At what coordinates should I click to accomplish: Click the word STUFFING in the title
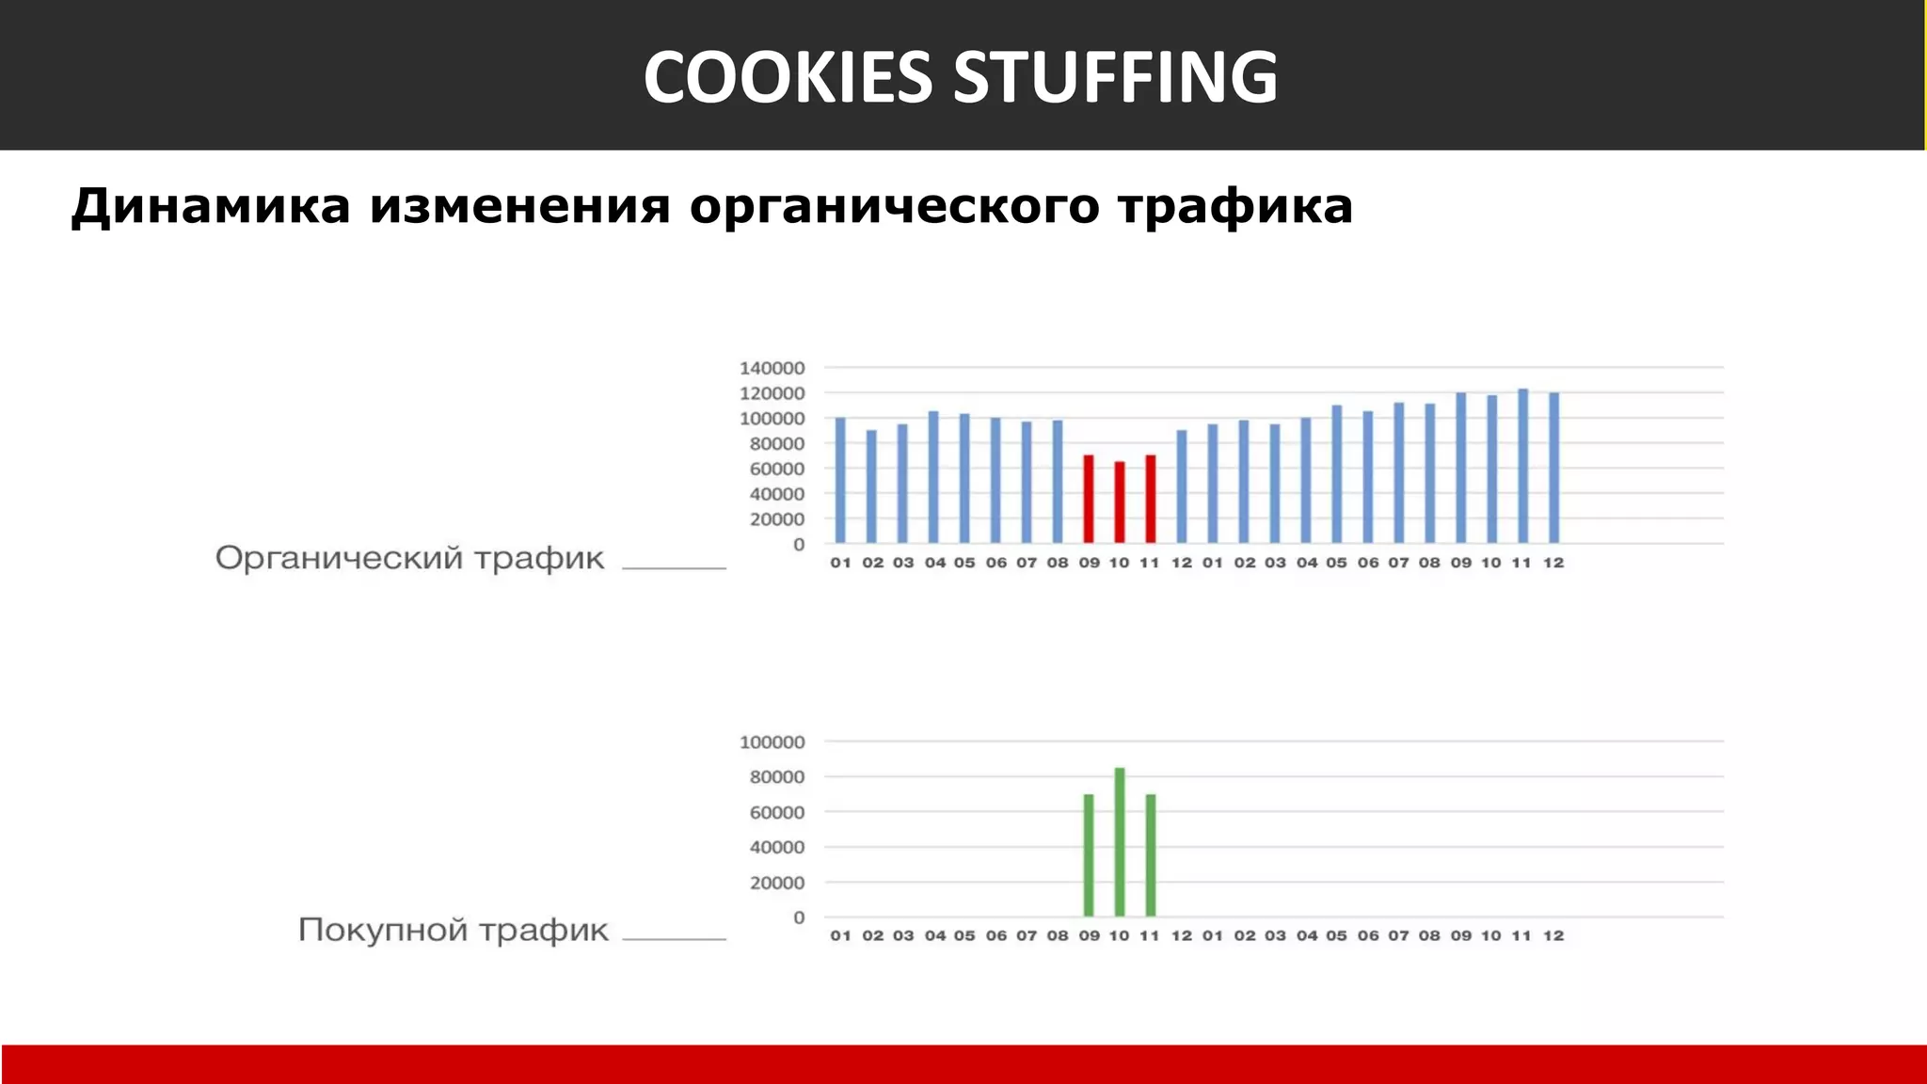1115,76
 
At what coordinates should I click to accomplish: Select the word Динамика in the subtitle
211,206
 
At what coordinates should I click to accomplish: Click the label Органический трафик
409,558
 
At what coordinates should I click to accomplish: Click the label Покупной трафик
453,930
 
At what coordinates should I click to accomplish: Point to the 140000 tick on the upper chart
772,368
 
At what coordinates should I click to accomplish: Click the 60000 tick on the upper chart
777,469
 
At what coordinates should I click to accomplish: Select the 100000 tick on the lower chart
772,742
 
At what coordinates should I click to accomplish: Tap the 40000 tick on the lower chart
777,848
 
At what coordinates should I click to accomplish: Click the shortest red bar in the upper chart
1120,502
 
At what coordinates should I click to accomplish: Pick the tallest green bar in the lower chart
1120,842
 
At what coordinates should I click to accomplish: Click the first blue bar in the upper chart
840,480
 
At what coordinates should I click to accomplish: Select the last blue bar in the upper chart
1553,468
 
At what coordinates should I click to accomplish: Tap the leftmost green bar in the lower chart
1089,855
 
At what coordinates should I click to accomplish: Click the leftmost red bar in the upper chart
1089,499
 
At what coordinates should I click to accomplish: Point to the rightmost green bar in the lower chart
1151,855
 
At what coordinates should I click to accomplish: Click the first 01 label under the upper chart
840,563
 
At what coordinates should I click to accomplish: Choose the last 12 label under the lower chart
1553,935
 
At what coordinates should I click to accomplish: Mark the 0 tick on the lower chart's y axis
799,917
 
